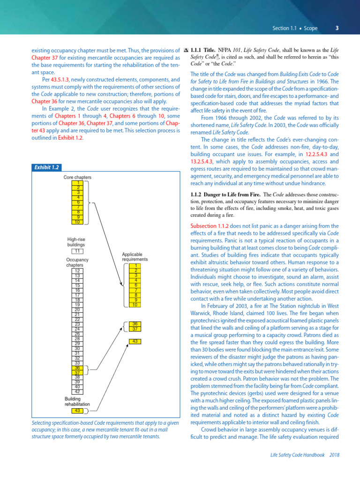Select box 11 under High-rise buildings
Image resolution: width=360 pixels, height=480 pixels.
(78, 251)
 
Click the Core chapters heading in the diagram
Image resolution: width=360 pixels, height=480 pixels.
(77, 177)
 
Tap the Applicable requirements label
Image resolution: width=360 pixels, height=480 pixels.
(135, 257)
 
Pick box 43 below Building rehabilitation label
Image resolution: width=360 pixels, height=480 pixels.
(78, 411)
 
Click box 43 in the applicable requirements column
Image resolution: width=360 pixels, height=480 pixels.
(135, 341)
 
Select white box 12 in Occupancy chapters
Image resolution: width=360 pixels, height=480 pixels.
(78, 271)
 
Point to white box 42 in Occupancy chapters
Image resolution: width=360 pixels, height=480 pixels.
(78, 392)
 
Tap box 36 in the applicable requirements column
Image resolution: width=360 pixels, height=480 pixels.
(135, 323)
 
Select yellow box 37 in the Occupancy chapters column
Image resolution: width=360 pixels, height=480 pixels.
(78, 373)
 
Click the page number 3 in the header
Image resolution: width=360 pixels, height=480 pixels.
(337, 28)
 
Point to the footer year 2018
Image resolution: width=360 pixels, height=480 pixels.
(335, 455)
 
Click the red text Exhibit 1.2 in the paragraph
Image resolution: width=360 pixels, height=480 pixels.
(71, 138)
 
